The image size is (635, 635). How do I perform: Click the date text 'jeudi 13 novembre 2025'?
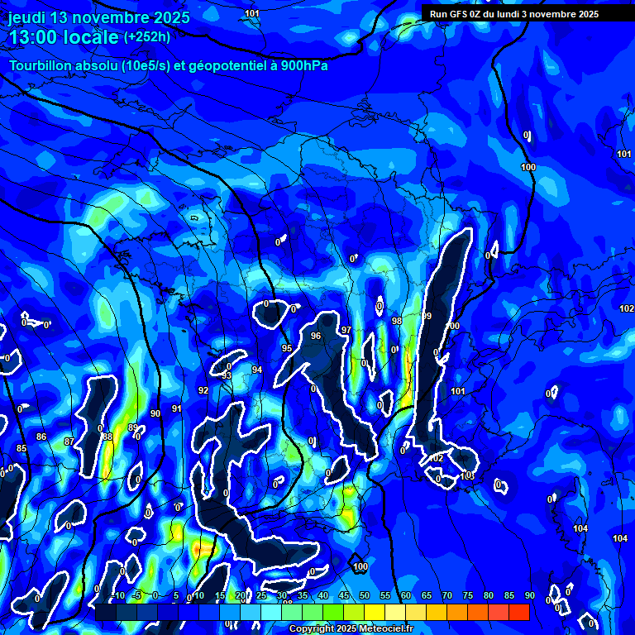click(x=98, y=17)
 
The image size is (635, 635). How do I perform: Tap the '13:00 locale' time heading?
click(x=64, y=37)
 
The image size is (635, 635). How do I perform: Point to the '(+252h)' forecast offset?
click(x=147, y=37)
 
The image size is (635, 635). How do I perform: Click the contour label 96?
click(x=315, y=336)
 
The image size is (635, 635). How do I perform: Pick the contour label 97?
click(x=346, y=330)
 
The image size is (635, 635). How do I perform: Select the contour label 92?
click(x=203, y=390)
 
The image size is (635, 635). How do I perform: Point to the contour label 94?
click(x=257, y=370)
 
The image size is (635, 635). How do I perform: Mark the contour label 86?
click(x=41, y=437)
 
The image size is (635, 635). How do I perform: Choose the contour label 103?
click(x=469, y=475)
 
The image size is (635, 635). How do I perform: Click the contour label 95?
click(x=287, y=348)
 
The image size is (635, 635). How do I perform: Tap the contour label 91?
click(x=177, y=408)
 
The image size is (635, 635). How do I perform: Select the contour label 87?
click(x=69, y=442)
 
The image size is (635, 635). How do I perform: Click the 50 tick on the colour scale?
click(x=365, y=595)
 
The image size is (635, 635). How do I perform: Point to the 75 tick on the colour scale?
click(x=468, y=595)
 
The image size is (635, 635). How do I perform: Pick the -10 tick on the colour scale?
click(x=117, y=595)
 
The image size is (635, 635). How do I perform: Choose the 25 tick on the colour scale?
click(x=261, y=595)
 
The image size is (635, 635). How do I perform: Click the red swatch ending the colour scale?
click(x=518, y=612)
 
